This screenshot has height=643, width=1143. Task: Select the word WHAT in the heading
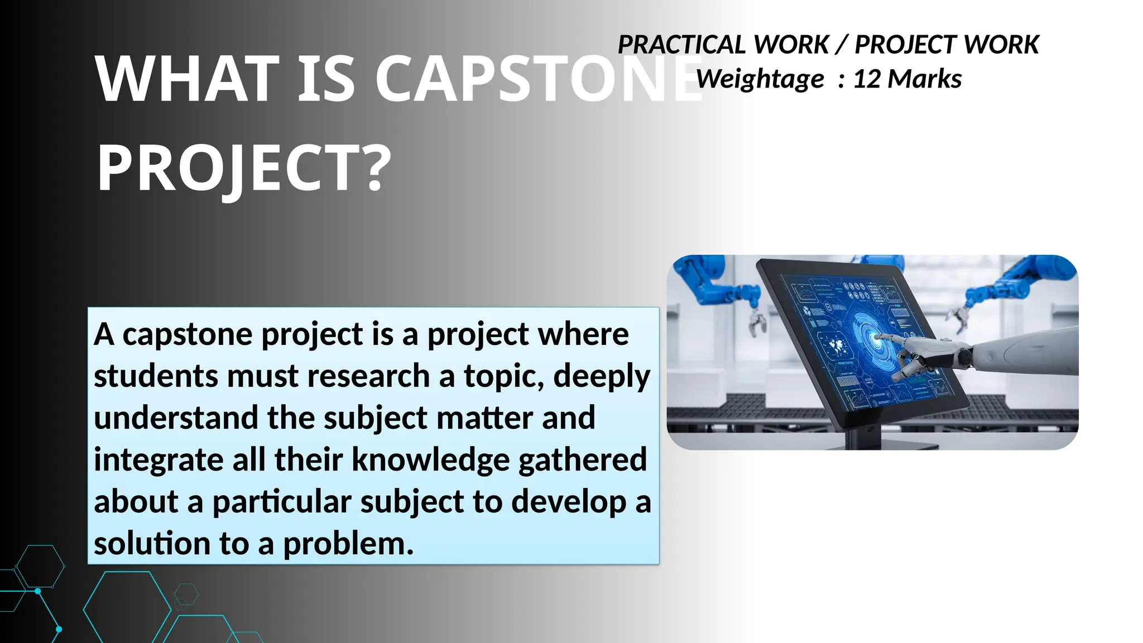187,79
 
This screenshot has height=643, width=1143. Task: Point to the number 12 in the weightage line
867,79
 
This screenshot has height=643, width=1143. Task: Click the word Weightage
760,79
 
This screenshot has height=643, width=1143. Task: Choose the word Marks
924,79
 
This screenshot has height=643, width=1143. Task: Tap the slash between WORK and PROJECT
842,45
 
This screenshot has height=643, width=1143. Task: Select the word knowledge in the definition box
430,459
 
